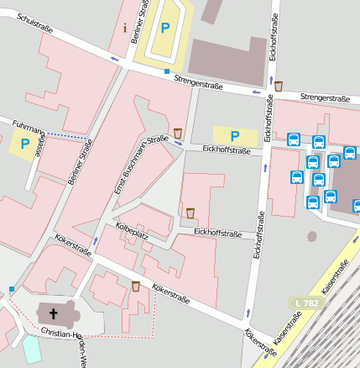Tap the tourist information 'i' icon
tap(125, 28)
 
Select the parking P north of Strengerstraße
tap(165, 28)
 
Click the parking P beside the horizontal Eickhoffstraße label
tap(234, 134)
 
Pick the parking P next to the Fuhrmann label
tap(24, 144)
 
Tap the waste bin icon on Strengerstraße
tap(278, 85)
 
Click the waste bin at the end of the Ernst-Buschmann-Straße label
tap(178, 133)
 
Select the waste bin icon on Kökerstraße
tap(136, 287)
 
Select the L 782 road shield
tap(306, 302)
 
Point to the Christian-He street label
tap(60, 334)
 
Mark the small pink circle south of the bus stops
tap(312, 237)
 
